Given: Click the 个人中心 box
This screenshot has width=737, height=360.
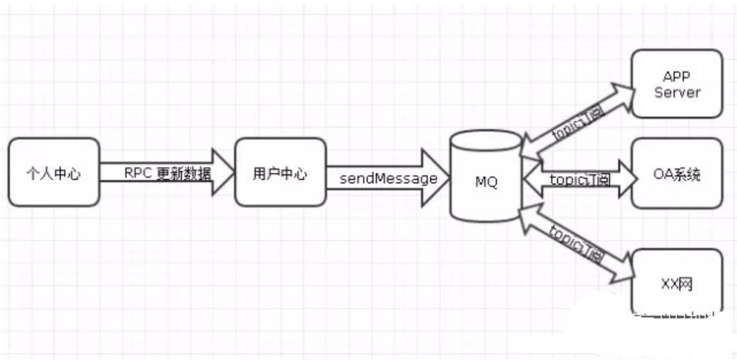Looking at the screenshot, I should coord(54,172).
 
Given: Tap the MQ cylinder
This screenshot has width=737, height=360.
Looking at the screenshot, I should coord(486,181).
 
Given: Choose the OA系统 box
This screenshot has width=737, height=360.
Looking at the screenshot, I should coord(677,173).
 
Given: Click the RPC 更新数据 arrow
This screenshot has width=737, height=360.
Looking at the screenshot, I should coord(166,172).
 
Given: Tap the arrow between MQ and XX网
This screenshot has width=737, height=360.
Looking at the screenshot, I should coord(577,242).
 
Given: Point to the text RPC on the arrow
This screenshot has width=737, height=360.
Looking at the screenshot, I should coord(137,172).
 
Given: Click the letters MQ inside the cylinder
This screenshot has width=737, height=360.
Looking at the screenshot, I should coord(486,182).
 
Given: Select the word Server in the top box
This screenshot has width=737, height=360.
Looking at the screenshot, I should coord(677,92).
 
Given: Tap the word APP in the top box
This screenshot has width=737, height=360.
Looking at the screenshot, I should coord(677,75).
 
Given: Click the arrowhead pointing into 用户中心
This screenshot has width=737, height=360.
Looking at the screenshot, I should coord(223,172).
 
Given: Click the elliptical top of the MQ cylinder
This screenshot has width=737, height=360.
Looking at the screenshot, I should coord(486,141).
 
